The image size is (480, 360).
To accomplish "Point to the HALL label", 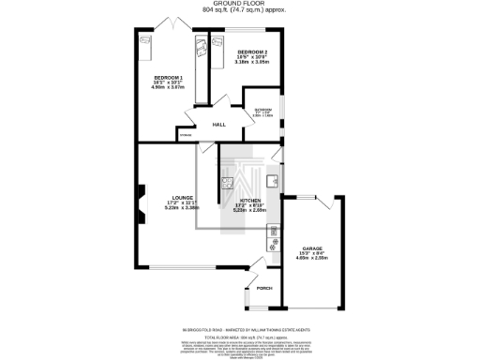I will (219, 124).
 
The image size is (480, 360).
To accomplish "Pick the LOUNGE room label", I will (157, 198).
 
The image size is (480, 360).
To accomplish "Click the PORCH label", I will (263, 288).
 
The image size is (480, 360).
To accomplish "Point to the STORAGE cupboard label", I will (185, 140).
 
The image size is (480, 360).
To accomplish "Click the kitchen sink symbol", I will (271, 182).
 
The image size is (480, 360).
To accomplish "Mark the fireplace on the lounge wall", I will (140, 201).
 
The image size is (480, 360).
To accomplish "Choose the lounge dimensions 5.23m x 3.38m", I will (157, 209).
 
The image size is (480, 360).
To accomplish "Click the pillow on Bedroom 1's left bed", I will (145, 41).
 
